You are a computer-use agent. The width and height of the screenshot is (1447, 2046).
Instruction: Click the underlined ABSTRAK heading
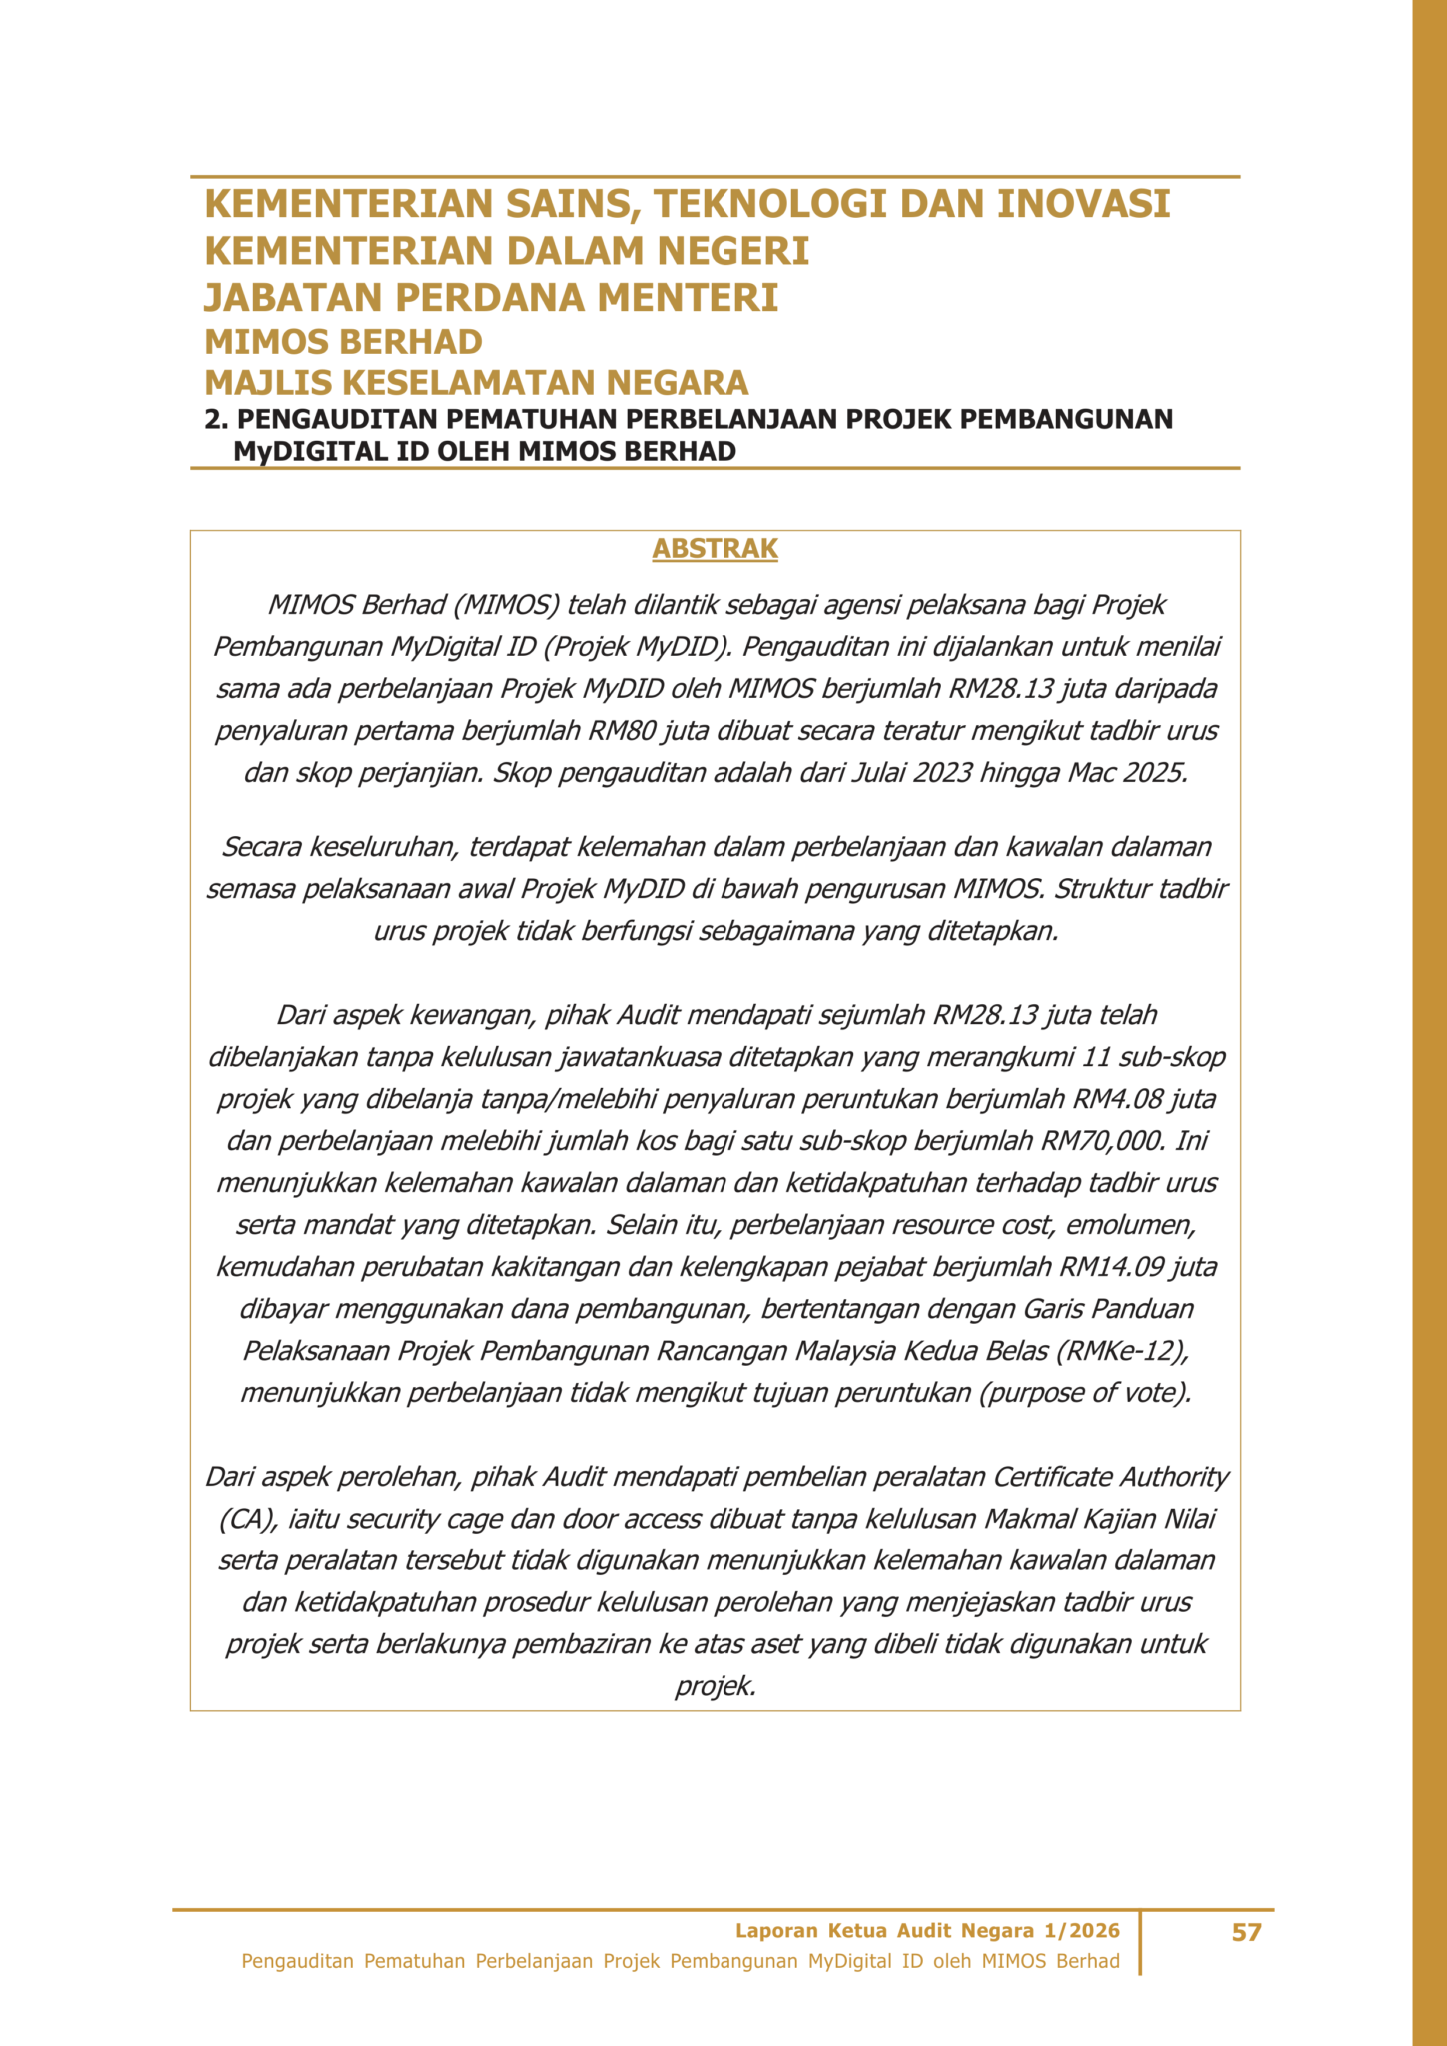coord(715,549)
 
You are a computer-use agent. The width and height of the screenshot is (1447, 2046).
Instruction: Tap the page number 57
coord(1246,1933)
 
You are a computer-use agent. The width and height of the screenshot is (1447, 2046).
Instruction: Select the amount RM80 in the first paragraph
coord(621,731)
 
